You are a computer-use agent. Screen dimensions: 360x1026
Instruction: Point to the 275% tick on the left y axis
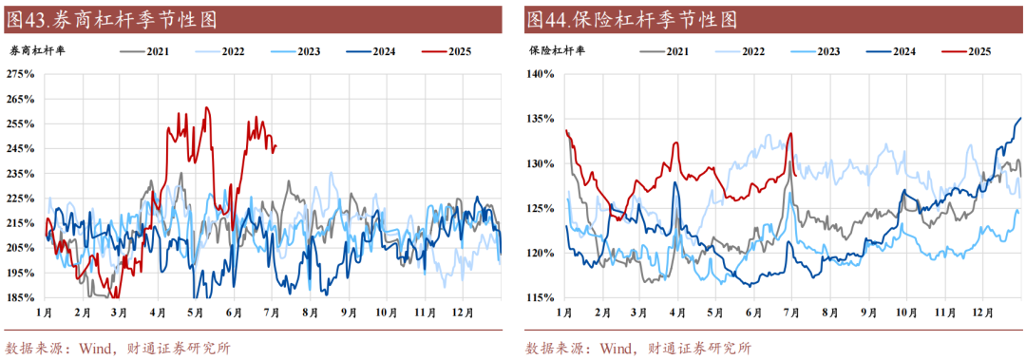(20, 73)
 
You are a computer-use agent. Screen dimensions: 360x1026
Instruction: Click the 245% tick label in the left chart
(20, 148)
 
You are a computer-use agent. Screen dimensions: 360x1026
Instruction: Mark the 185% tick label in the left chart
(20, 297)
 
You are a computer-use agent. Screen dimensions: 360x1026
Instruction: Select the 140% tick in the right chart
(541, 73)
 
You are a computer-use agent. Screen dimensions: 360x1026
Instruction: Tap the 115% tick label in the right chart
(541, 297)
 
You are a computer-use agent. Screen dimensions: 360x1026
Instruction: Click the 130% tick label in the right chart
(541, 163)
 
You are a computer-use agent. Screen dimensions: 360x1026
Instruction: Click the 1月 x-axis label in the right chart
(564, 312)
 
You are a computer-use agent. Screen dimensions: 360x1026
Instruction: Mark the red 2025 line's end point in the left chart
(275, 145)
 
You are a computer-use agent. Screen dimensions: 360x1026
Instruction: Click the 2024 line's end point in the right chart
(1020, 118)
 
